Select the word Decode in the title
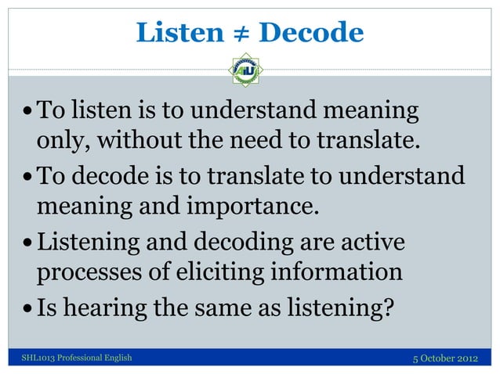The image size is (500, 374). pos(310,33)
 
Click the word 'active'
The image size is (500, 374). pos(368,240)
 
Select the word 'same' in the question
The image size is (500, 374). pos(226,307)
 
